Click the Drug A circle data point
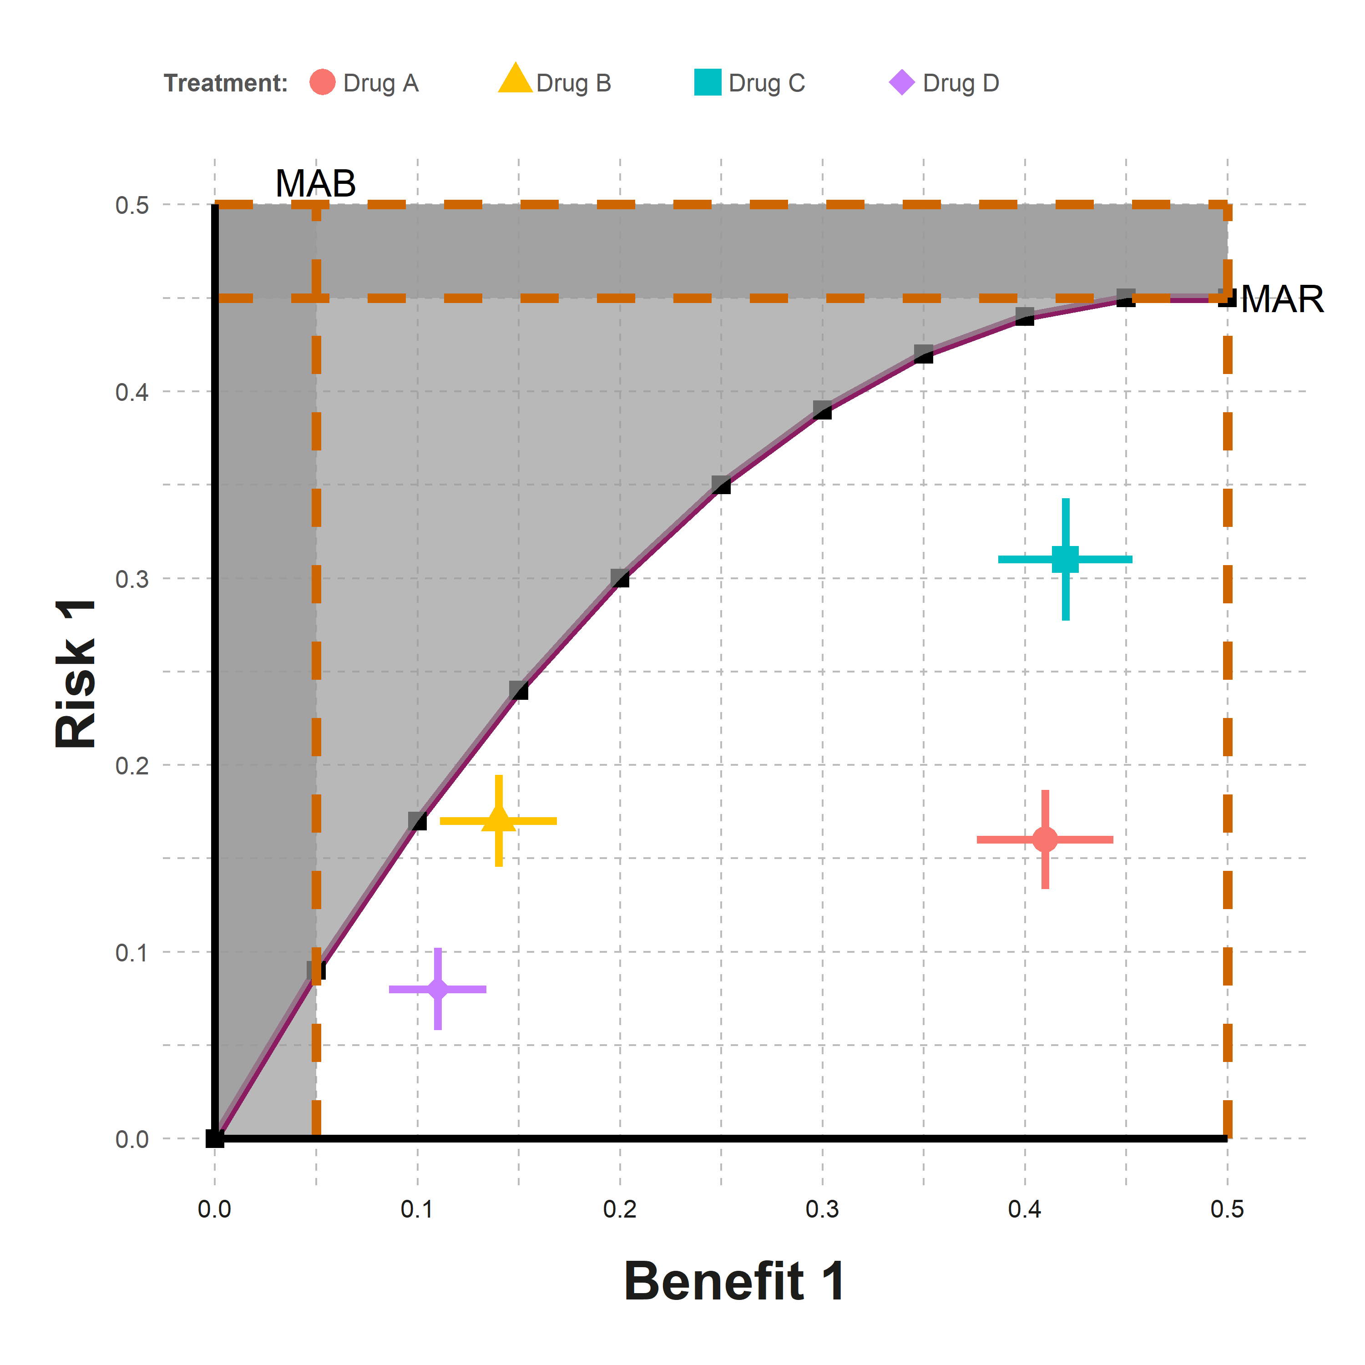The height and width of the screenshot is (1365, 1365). (x=1045, y=839)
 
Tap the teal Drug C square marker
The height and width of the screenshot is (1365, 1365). (x=1066, y=559)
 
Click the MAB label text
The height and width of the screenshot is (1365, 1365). (x=315, y=184)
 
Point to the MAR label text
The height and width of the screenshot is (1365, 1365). (x=1282, y=299)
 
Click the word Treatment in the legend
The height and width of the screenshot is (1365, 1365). (x=225, y=83)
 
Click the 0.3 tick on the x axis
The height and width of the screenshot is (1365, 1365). (x=822, y=1209)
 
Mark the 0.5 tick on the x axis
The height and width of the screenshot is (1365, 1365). (x=1227, y=1209)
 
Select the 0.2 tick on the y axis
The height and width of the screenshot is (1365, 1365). (x=132, y=765)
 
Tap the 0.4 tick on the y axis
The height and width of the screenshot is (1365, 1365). (x=132, y=391)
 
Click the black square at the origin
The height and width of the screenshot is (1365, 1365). (x=215, y=1138)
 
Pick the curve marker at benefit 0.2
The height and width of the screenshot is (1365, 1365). (x=620, y=578)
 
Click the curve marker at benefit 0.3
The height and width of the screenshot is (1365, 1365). (x=822, y=410)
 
